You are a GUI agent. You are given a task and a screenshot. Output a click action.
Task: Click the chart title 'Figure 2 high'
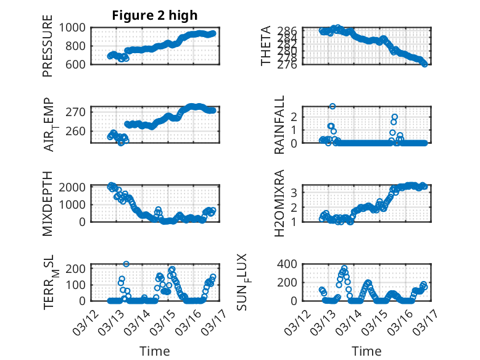(155, 15)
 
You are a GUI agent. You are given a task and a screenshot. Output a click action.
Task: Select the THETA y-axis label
(266, 46)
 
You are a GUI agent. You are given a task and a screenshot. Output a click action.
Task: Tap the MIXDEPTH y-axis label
(48, 203)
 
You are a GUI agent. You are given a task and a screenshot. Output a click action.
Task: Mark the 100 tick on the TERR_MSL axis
(78, 285)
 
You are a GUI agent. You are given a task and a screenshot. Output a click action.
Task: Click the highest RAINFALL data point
(333, 107)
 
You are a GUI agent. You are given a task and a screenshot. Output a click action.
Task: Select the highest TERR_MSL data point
(126, 264)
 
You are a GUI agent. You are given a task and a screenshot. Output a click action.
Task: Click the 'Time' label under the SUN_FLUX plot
(366, 351)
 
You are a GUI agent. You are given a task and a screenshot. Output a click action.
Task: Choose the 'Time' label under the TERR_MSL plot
(155, 351)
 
